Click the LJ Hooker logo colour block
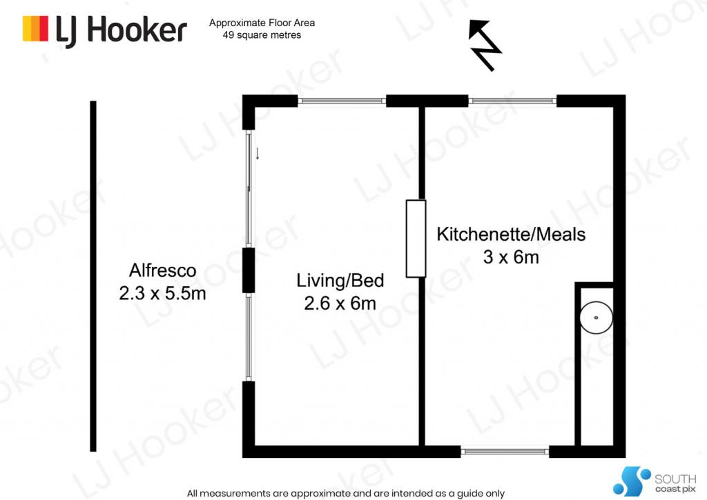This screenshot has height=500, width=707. click(35, 29)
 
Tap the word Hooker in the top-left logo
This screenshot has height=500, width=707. click(137, 30)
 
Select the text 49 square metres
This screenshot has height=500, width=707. click(262, 35)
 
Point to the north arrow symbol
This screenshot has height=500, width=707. click(485, 45)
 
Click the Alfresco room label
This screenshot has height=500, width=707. click(163, 270)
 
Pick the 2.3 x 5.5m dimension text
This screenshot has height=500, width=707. click(163, 293)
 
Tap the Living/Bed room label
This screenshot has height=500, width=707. click(340, 281)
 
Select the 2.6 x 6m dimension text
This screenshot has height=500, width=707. click(340, 303)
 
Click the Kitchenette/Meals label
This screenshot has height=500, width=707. click(511, 234)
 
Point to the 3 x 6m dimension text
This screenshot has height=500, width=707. click(511, 257)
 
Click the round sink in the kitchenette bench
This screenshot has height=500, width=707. click(596, 317)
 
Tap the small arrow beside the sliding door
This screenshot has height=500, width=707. click(258, 153)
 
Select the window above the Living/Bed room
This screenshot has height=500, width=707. click(342, 101)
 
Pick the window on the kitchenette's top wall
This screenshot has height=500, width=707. click(512, 101)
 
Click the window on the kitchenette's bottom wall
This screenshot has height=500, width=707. click(505, 451)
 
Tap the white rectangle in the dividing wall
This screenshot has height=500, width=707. click(416, 239)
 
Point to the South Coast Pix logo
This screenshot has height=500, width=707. click(655, 481)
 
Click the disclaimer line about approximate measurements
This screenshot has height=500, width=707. click(346, 494)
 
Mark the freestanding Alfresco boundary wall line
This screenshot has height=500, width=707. click(93, 276)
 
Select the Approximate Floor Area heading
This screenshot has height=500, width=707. click(262, 23)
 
